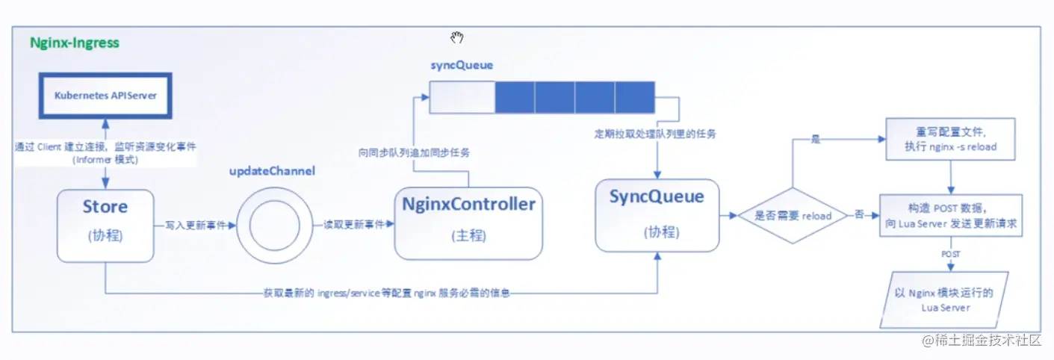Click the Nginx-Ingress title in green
click(x=74, y=43)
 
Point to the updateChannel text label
click(x=272, y=171)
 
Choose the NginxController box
click(x=468, y=223)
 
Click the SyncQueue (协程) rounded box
click(x=657, y=214)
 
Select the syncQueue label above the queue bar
click(x=461, y=65)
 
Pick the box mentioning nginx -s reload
click(x=950, y=139)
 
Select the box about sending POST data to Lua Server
click(x=951, y=216)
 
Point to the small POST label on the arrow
click(x=951, y=254)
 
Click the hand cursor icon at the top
click(x=457, y=38)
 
